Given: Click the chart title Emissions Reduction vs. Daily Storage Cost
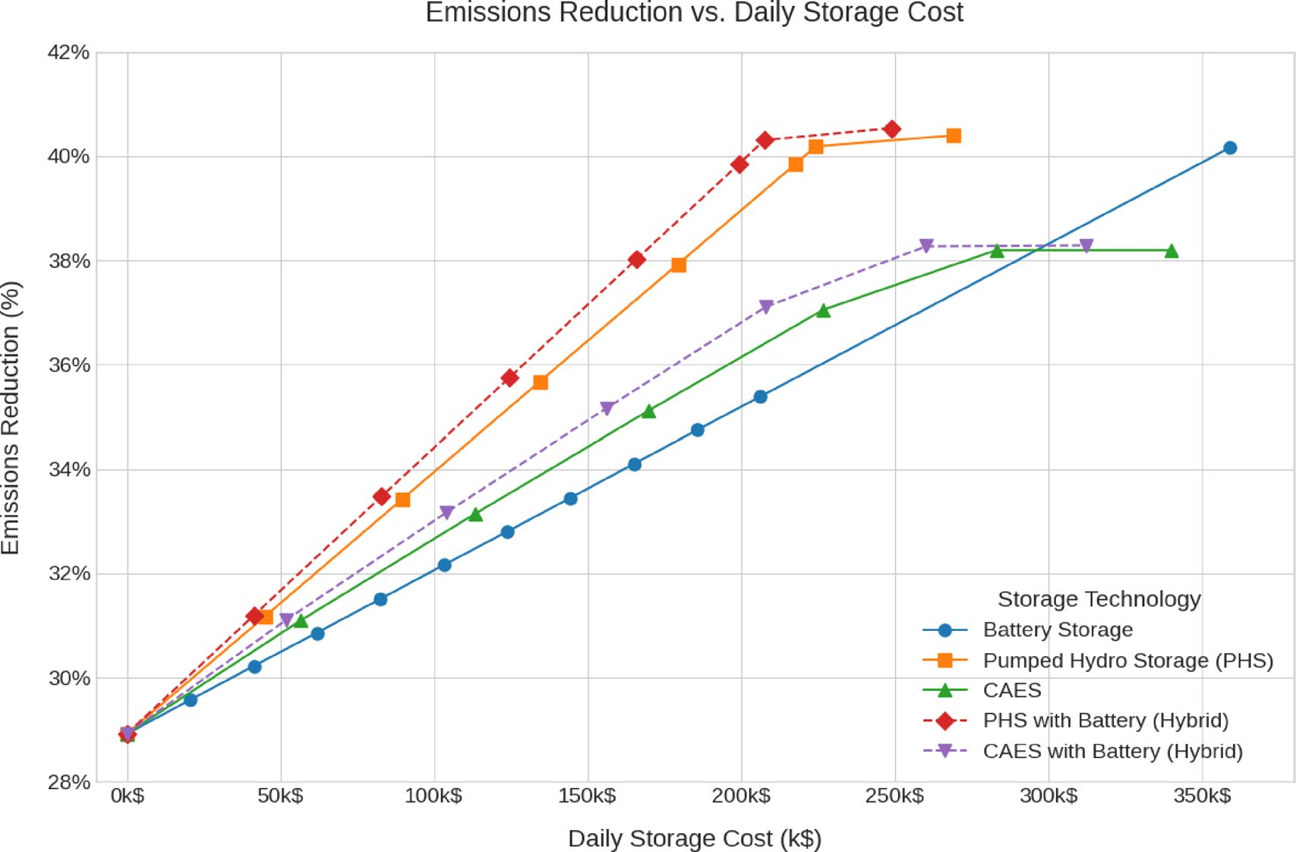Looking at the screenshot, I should click(x=694, y=13).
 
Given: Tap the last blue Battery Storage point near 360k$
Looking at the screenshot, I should click(x=1230, y=148).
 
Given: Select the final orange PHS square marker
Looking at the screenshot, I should click(x=954, y=136).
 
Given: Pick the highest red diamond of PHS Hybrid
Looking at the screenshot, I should click(x=893, y=130).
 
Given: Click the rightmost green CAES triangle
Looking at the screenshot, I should click(x=1171, y=251).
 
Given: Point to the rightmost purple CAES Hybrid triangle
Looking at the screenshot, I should click(x=1086, y=246).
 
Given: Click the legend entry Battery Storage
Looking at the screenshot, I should click(x=1057, y=630).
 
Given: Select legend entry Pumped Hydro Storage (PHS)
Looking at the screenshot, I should click(x=1127, y=660).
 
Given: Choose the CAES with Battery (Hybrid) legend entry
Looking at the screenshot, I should click(x=1112, y=751).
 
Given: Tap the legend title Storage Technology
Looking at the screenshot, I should click(x=1099, y=599).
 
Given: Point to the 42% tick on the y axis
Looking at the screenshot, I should click(x=69, y=52).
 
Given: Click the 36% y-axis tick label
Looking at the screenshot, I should click(x=69, y=365).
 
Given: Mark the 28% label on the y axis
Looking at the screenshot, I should click(x=69, y=782).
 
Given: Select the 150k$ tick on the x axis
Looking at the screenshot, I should click(x=587, y=796).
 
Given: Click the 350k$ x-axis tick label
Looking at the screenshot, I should click(x=1202, y=796).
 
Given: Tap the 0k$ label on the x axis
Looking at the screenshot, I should click(x=128, y=796).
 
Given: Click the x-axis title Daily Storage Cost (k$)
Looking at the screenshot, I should click(x=694, y=838).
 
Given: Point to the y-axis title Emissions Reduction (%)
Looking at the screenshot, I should click(x=11, y=418).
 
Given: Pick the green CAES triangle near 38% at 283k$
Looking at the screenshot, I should click(x=997, y=251).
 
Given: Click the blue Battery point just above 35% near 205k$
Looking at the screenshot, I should click(x=760, y=396).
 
